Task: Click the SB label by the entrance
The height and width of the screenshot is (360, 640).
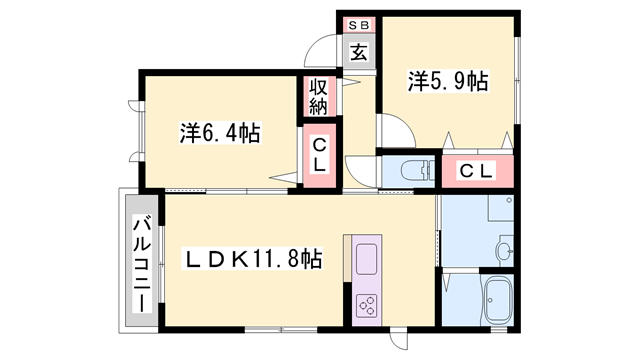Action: pyautogui.click(x=358, y=25)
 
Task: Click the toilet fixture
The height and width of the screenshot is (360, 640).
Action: pyautogui.click(x=409, y=171)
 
